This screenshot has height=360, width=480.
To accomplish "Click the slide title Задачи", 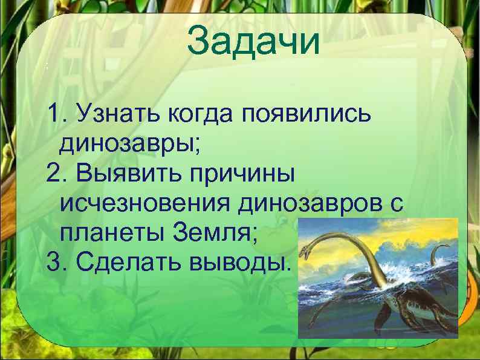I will [252, 41].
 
